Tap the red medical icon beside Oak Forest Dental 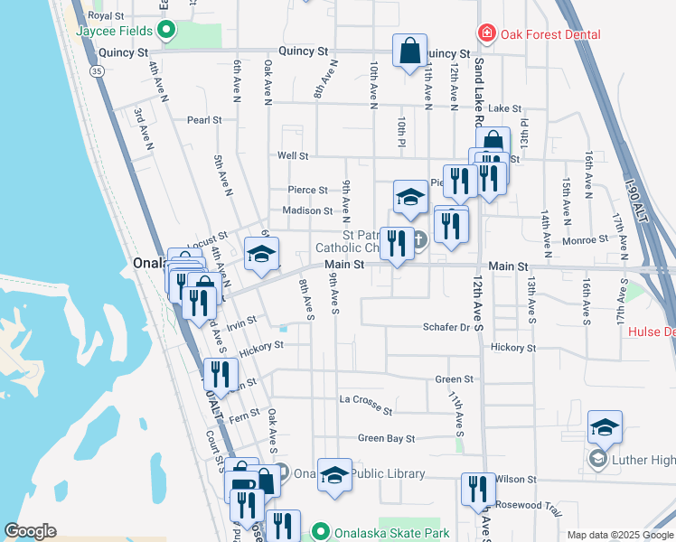(487, 34)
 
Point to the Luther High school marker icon (597, 460)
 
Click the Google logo (30, 531)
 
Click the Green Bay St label (386, 438)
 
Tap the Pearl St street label (204, 119)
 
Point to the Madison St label (307, 210)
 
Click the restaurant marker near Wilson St (478, 489)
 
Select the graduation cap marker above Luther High (605, 426)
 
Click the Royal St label (107, 16)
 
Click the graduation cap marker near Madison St (410, 198)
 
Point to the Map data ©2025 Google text (618, 535)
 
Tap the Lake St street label (505, 108)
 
